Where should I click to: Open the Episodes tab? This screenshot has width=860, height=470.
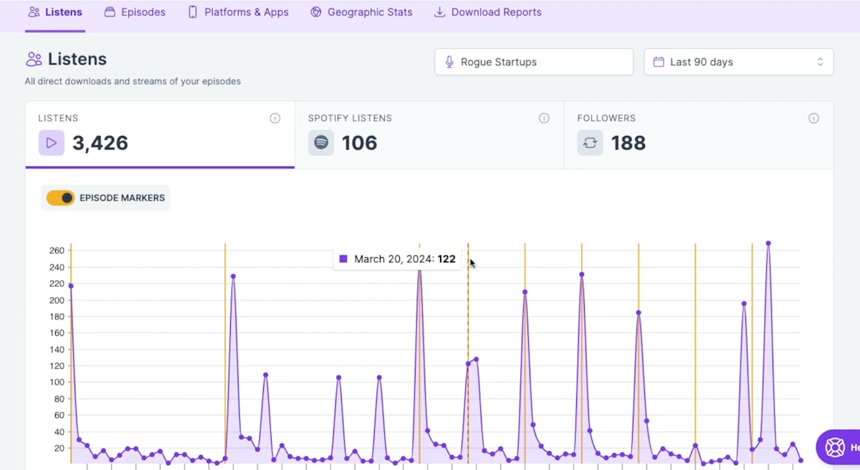click(135, 12)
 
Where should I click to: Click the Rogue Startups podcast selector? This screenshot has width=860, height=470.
click(534, 62)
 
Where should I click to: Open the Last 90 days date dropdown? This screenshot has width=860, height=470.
click(738, 62)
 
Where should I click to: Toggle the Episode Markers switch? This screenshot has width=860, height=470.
click(60, 198)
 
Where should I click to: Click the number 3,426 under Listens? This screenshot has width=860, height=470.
click(100, 143)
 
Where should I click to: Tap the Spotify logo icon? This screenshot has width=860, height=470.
click(321, 143)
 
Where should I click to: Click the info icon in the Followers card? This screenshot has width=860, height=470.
click(813, 118)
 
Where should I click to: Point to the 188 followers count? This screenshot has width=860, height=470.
click(629, 143)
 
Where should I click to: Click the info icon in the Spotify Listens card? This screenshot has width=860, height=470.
click(544, 118)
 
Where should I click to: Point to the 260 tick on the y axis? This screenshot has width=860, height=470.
click(57, 251)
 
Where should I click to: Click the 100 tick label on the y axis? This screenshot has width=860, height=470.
click(57, 382)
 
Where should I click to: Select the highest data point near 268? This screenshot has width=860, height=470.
click(768, 244)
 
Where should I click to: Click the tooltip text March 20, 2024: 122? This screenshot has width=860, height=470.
click(404, 259)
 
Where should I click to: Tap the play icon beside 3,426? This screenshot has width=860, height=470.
click(52, 143)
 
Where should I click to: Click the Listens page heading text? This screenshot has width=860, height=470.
click(77, 59)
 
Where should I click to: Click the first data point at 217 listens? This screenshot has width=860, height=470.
click(70, 286)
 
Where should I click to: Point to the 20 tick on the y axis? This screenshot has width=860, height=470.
click(59, 449)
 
